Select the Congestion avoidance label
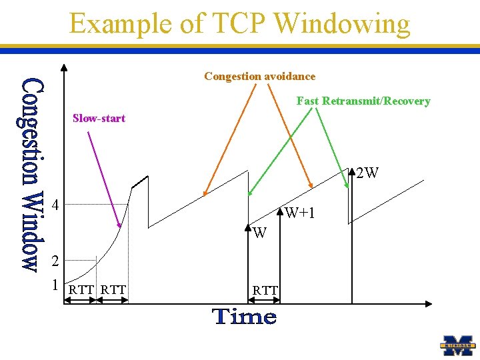click(259, 76)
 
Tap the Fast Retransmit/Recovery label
click(363, 101)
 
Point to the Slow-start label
click(99, 118)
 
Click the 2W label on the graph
click(367, 174)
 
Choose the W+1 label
click(299, 213)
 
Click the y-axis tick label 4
click(57, 205)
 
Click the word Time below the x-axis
click(245, 316)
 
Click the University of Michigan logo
click(459, 345)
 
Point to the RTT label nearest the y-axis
click(81, 289)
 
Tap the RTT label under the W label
click(265, 289)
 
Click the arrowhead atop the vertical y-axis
click(63, 67)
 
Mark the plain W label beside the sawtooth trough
click(260, 233)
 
